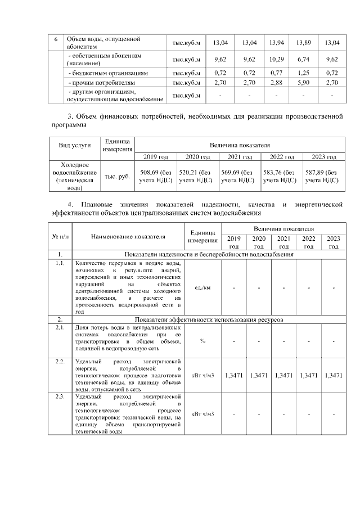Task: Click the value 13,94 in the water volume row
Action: tap(276, 43)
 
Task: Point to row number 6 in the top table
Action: tap(55, 39)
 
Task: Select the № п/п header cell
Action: tap(60, 237)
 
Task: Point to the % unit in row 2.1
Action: tap(201, 340)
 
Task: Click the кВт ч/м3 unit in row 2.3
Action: tap(201, 415)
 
